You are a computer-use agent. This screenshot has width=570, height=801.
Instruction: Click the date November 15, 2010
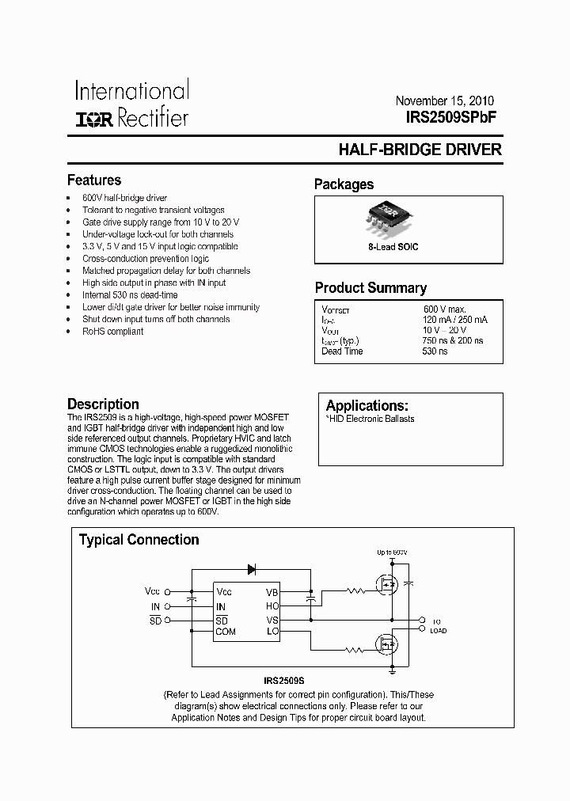click(x=444, y=101)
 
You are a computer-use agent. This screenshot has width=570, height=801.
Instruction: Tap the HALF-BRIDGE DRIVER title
click(x=420, y=150)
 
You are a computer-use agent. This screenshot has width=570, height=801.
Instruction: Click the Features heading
click(x=94, y=180)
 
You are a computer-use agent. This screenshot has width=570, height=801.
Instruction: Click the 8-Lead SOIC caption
click(x=393, y=247)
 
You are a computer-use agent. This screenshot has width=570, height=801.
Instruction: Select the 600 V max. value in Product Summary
click(x=444, y=309)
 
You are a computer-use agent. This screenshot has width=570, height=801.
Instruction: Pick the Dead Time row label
click(x=342, y=351)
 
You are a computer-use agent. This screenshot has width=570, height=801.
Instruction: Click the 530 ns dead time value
click(x=435, y=351)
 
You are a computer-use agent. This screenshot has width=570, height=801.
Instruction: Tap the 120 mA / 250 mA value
click(x=455, y=319)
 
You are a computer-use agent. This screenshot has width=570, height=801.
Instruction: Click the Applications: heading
click(x=367, y=405)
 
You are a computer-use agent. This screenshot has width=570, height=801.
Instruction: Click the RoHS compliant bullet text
click(x=112, y=332)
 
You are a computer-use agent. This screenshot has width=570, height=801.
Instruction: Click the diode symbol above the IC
click(x=253, y=568)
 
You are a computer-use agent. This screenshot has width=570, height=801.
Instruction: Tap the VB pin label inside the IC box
click(x=272, y=593)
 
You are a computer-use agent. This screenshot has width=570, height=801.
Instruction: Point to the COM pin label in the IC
click(x=225, y=632)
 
